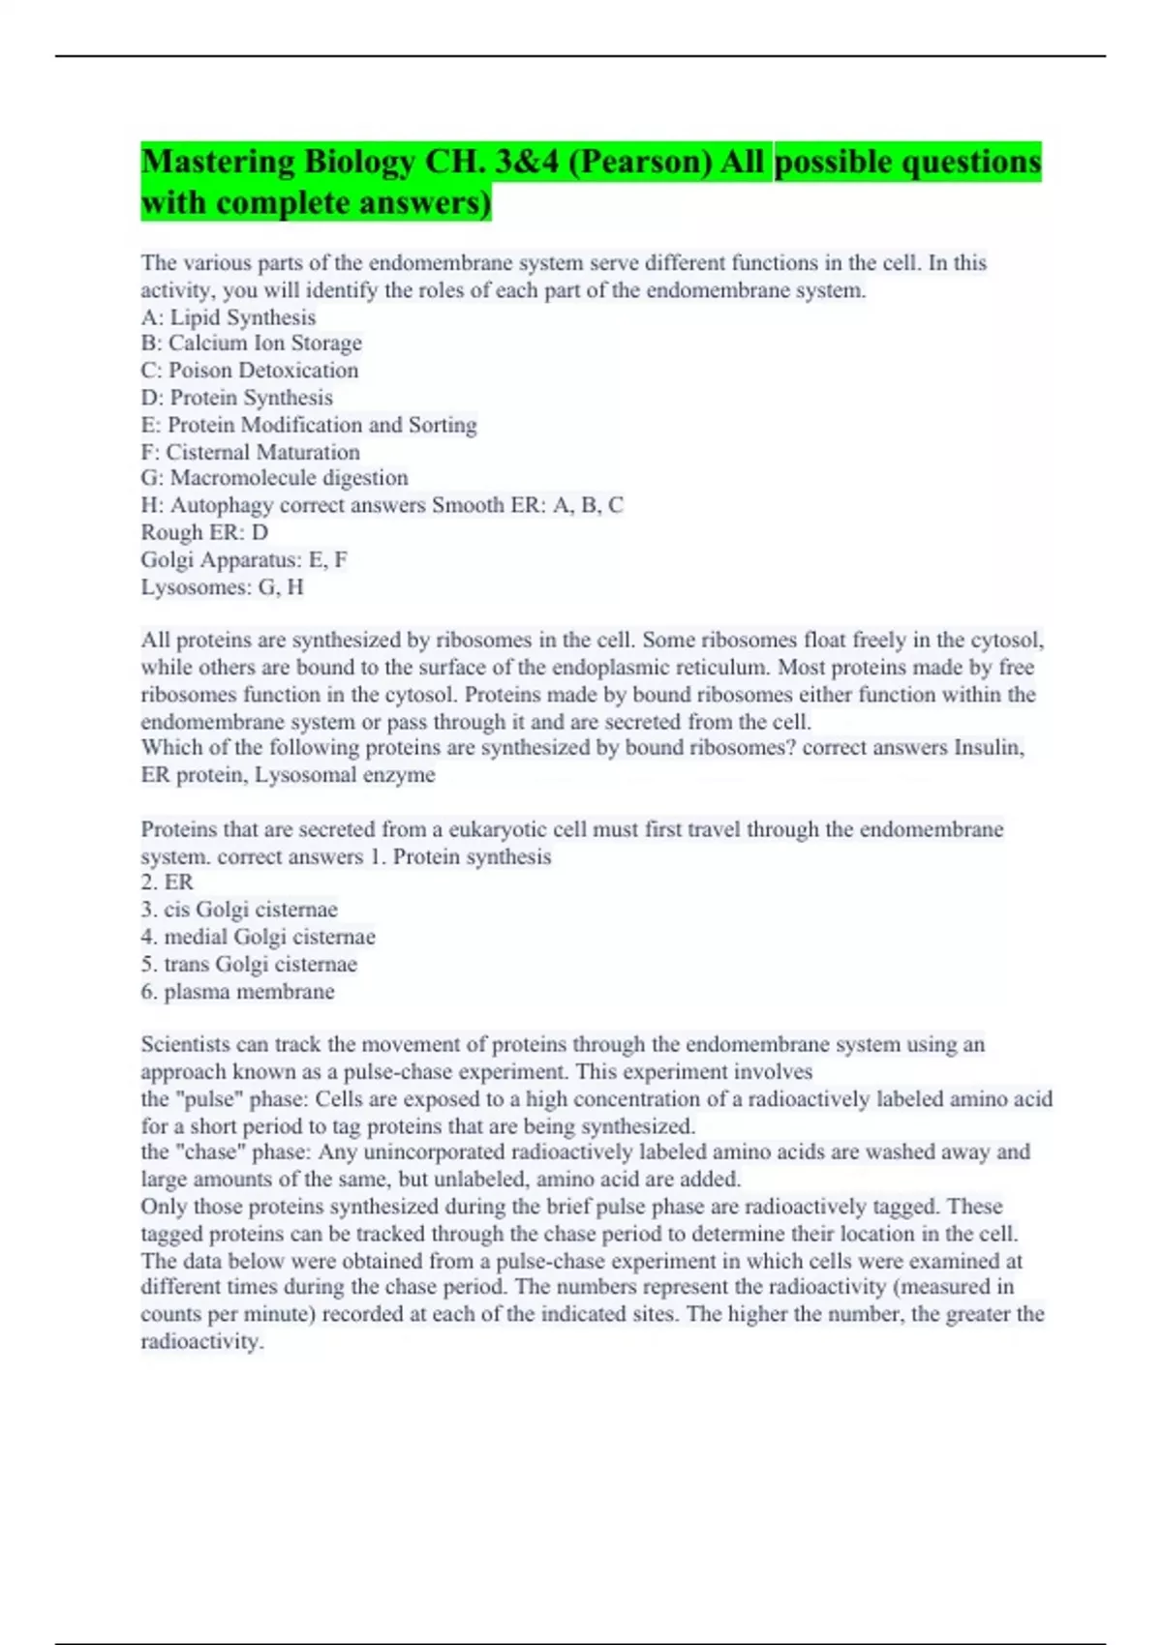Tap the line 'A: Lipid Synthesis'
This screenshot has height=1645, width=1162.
point(229,317)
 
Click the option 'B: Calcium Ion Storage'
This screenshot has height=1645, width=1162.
point(252,344)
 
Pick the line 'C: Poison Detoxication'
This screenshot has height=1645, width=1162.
point(250,371)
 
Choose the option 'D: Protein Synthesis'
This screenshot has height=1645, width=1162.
point(237,398)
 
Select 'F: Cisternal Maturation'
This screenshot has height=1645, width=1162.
point(251,452)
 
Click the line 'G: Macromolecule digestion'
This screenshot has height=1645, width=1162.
point(275,478)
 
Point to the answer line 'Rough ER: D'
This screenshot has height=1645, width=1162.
point(204,532)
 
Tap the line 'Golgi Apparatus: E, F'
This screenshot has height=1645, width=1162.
point(244,559)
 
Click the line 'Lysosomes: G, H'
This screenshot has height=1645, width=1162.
point(223,586)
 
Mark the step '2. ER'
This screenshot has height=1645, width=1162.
point(168,882)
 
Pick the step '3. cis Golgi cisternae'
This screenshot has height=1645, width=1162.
point(239,910)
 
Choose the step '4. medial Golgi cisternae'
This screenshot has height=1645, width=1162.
point(258,937)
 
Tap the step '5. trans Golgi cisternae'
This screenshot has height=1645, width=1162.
point(249,965)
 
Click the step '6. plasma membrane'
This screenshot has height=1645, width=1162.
point(238,992)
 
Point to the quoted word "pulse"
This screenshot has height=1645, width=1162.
point(208,1099)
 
